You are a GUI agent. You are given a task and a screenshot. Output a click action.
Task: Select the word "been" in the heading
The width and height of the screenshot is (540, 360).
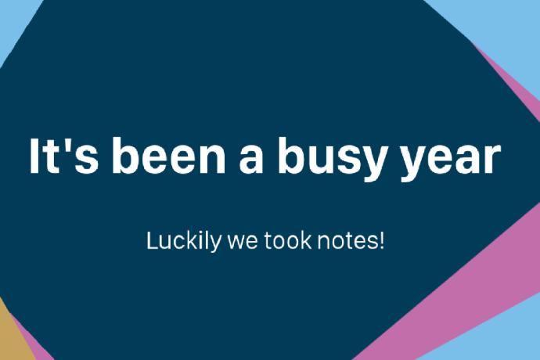pos(168,156)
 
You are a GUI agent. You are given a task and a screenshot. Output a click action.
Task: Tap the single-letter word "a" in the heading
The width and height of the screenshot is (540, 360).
pos(251,160)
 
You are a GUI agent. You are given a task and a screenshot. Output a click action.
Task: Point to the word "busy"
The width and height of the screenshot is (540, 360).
pos(330,159)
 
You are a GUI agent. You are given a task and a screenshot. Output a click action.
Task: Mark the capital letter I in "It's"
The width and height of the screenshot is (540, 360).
pos(34,156)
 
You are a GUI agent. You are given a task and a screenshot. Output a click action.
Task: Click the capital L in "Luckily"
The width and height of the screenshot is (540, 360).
pos(153,240)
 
